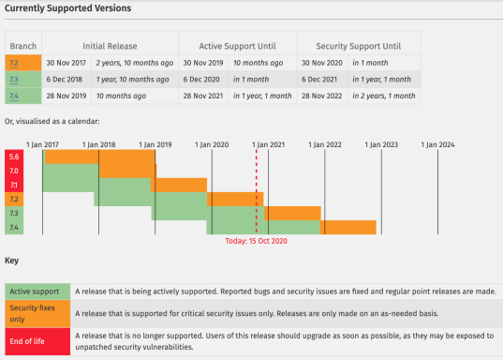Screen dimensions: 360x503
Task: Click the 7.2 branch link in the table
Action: [x=14, y=64]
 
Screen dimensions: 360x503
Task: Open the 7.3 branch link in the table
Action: [x=14, y=80]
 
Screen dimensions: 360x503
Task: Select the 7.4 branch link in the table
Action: [x=14, y=95]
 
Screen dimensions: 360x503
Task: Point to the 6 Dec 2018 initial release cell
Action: [x=66, y=80]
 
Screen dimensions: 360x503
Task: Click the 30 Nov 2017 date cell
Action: [x=66, y=64]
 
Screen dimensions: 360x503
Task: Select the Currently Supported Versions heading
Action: [x=68, y=8]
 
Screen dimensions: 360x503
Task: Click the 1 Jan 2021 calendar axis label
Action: [x=268, y=144]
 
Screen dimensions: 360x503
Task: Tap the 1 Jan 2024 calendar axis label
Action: [x=437, y=144]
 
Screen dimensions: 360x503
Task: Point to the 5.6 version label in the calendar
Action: [x=14, y=157]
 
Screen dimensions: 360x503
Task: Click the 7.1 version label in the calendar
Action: [x=14, y=185]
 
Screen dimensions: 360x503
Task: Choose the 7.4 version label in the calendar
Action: [x=14, y=228]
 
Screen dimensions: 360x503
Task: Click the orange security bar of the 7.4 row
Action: [x=348, y=227]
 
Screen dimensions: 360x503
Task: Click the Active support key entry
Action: [x=37, y=292]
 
